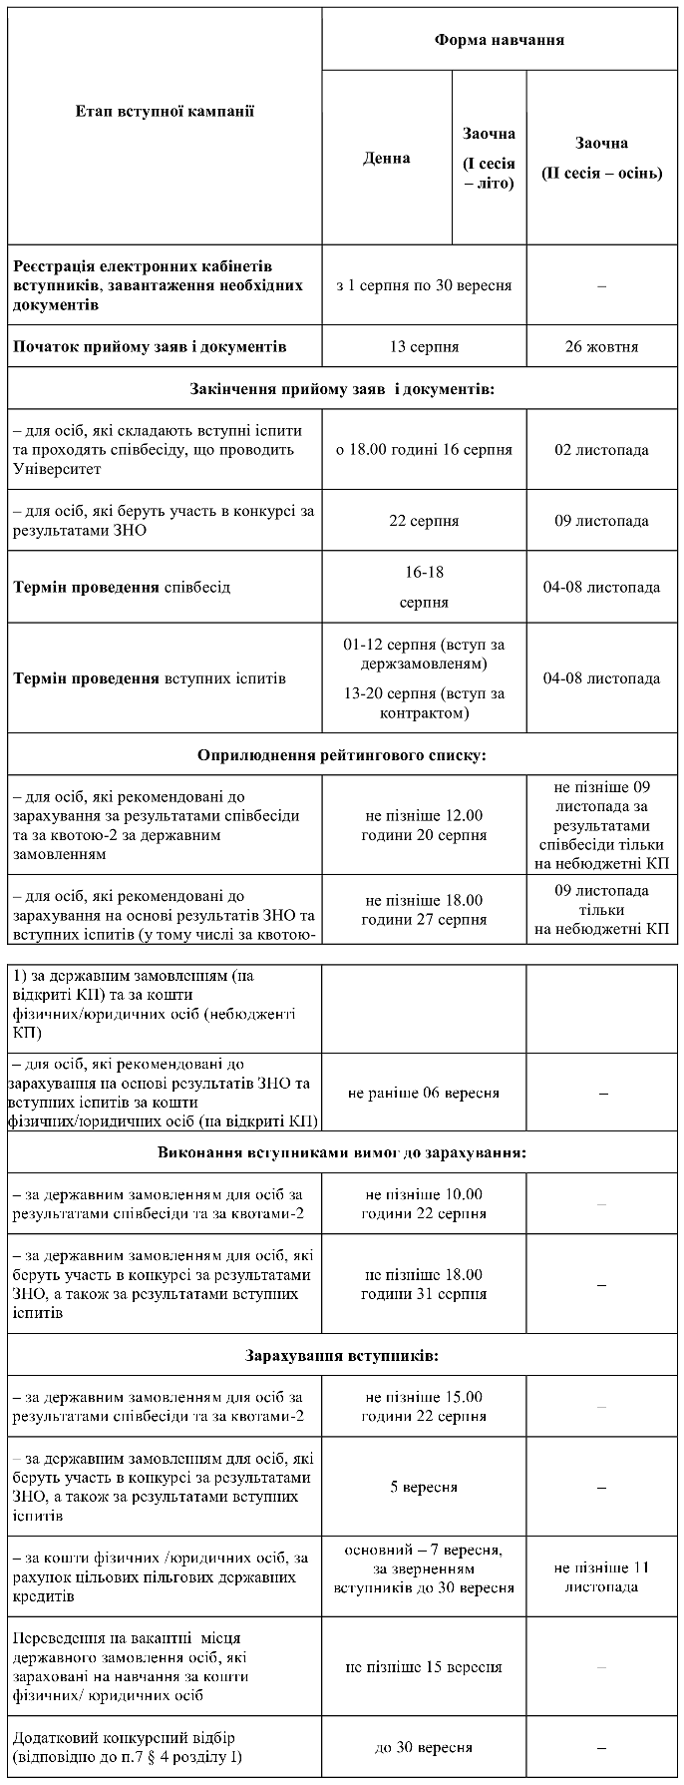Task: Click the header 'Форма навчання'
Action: (500, 40)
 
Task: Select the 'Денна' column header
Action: (386, 158)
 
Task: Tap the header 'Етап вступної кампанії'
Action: (165, 111)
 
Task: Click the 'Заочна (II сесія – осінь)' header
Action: (601, 158)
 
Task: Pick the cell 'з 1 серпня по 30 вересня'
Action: (424, 285)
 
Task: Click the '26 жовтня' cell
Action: (601, 347)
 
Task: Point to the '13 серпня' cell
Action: (424, 347)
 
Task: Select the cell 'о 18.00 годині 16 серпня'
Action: (424, 450)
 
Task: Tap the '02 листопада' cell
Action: (601, 450)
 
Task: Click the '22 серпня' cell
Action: (424, 521)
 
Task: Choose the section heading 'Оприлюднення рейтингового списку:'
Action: (342, 754)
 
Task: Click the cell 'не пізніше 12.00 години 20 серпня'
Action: (424, 825)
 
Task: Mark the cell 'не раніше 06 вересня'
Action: (424, 1093)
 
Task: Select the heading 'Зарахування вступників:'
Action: (342, 1356)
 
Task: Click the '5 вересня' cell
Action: (424, 1487)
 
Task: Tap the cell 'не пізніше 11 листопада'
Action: (601, 1576)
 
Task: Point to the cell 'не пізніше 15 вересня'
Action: (424, 1667)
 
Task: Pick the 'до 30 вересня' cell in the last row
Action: (424, 1748)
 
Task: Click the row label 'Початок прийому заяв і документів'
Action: (151, 347)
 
